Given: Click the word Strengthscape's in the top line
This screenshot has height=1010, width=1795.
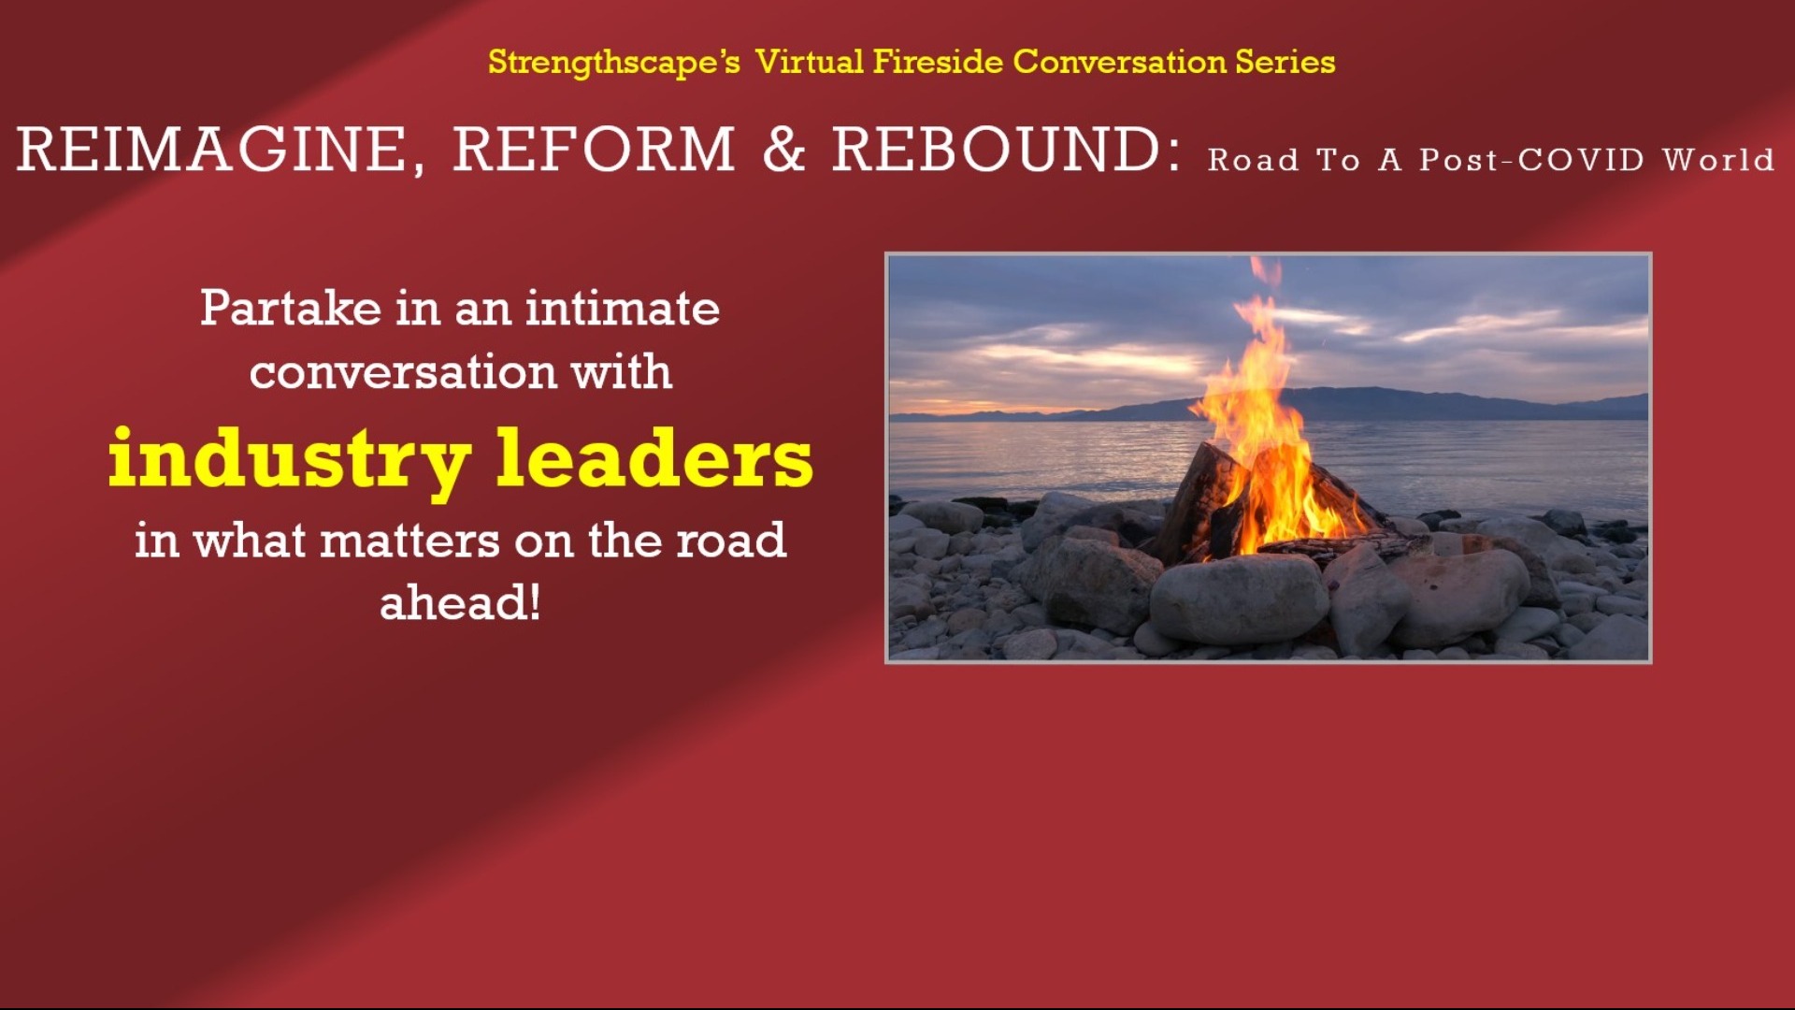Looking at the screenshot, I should click(x=613, y=63).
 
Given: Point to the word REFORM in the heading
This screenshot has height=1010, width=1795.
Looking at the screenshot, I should click(x=595, y=150).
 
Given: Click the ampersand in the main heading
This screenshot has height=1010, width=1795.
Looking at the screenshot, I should click(x=783, y=150).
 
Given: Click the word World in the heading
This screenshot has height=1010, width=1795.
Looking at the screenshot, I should click(x=1718, y=160).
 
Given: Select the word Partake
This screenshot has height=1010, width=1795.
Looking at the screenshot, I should click(x=291, y=309).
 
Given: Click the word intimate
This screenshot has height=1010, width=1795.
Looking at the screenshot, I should click(x=622, y=309).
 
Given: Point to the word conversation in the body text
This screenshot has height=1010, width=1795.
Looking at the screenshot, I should click(x=403, y=372).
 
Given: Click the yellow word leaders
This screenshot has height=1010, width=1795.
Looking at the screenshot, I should click(x=654, y=458).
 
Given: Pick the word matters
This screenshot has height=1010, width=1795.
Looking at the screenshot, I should click(x=409, y=541).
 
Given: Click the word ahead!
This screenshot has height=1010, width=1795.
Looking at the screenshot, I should click(x=460, y=603).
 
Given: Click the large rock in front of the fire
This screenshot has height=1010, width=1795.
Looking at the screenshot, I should click(x=1239, y=599).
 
